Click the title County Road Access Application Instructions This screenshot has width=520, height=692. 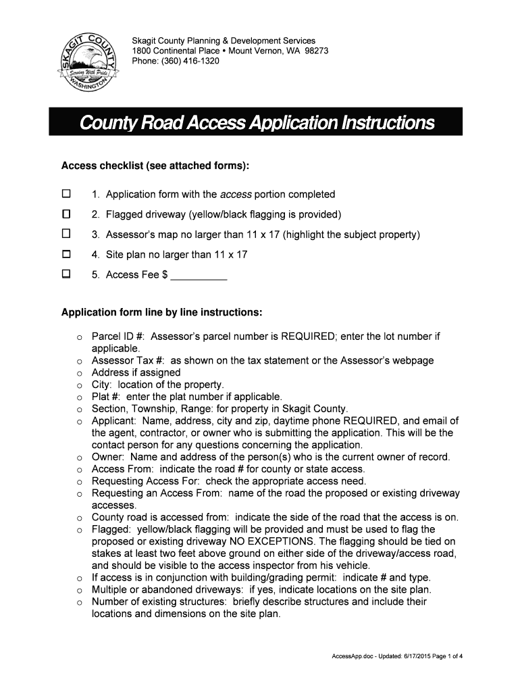coord(257,123)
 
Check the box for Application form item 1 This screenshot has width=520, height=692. coord(66,195)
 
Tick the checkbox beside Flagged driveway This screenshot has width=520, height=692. coord(66,215)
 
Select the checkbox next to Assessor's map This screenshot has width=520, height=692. coord(66,234)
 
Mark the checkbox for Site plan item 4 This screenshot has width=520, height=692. coord(66,255)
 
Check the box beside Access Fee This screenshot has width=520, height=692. coord(66,274)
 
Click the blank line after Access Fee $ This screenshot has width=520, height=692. coord(199,276)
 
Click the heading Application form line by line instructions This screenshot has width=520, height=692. coord(161,313)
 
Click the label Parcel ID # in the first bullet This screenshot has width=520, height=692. coord(119,336)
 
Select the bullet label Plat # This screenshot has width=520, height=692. coord(106,397)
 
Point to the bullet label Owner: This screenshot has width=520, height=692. coord(107,458)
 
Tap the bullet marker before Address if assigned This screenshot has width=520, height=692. coord(79,374)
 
